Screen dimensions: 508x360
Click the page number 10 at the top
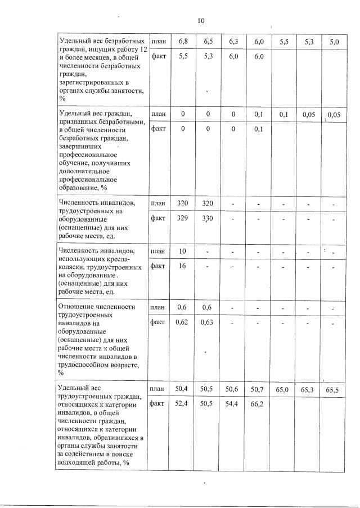pyautogui.click(x=201, y=21)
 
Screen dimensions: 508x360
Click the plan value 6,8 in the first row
pyautogui.click(x=183, y=42)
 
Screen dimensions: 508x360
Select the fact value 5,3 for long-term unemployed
pyautogui.click(x=208, y=57)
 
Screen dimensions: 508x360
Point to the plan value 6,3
pyautogui.click(x=234, y=42)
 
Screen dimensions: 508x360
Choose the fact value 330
pyautogui.click(x=208, y=218)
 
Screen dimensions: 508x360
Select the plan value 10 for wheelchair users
pyautogui.click(x=182, y=251)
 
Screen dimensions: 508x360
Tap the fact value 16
pyautogui.click(x=182, y=266)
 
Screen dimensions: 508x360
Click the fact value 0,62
pyautogui.click(x=182, y=323)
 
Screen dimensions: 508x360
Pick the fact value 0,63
pyautogui.click(x=208, y=323)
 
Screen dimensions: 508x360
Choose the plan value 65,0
pyautogui.click(x=283, y=389)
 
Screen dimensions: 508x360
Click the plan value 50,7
pyautogui.click(x=258, y=389)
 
